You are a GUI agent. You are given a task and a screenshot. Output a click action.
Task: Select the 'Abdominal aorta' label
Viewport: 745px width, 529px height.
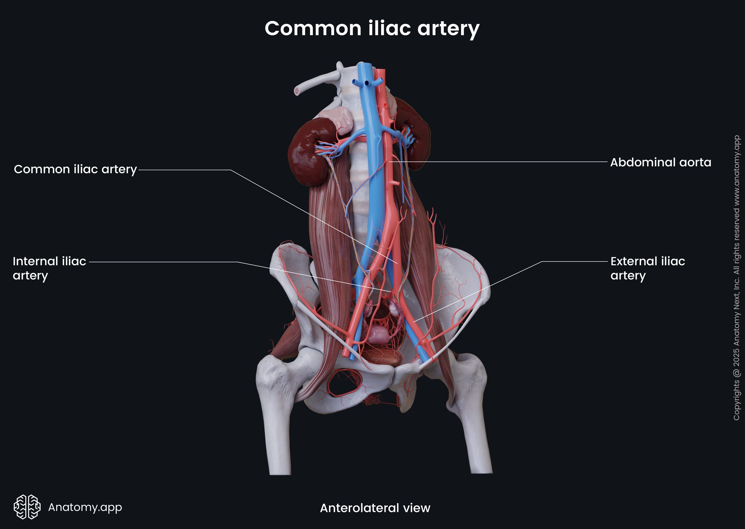pyautogui.click(x=660, y=162)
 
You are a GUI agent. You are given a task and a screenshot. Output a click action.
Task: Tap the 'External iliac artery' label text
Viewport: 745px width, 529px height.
pyautogui.click(x=647, y=268)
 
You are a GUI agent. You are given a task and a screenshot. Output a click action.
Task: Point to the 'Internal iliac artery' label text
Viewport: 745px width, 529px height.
pyautogui.click(x=49, y=268)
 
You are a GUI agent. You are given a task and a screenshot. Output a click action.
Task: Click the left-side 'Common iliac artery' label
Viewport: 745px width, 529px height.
pyautogui.click(x=75, y=169)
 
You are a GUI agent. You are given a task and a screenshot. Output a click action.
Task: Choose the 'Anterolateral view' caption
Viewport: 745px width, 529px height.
pyautogui.click(x=375, y=508)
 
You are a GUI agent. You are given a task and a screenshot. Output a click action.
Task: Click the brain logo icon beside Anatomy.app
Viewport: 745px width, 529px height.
pyautogui.click(x=27, y=507)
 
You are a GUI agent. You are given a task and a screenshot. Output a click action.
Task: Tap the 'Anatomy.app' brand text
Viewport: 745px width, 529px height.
pyautogui.click(x=85, y=507)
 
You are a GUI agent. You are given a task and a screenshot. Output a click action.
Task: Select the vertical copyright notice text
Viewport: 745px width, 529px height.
pyautogui.click(x=736, y=277)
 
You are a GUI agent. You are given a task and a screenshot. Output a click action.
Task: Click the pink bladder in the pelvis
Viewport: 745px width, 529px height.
pyautogui.click(x=378, y=334)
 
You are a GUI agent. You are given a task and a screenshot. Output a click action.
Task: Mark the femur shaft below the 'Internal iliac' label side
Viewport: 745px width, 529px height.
pyautogui.click(x=278, y=433)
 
